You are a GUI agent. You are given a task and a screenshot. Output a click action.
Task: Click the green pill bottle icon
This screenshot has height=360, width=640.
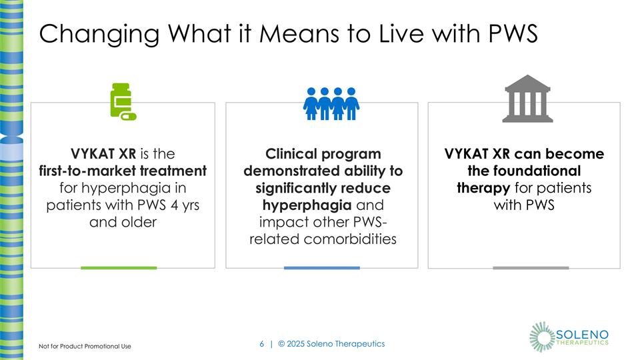pyautogui.click(x=123, y=102)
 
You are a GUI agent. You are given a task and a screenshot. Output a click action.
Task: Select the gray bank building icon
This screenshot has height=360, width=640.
pyautogui.click(x=528, y=102)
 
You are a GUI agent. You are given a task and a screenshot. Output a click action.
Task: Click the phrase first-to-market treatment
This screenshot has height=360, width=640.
pyautogui.click(x=122, y=171)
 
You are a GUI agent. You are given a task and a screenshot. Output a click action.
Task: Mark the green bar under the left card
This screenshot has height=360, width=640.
pyautogui.click(x=119, y=267)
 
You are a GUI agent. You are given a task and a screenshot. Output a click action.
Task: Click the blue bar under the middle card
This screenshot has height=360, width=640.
pyautogui.click(x=321, y=267)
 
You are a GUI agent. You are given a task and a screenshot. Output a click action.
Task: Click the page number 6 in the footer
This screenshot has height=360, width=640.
pyautogui.click(x=261, y=344)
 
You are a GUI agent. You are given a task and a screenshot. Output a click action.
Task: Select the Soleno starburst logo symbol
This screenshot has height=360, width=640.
pyautogui.click(x=542, y=335)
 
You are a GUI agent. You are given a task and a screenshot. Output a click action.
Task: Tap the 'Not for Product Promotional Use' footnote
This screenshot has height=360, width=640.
pyautogui.click(x=85, y=346)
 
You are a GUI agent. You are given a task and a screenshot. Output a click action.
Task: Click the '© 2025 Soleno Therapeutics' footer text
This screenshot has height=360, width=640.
pyautogui.click(x=331, y=344)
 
